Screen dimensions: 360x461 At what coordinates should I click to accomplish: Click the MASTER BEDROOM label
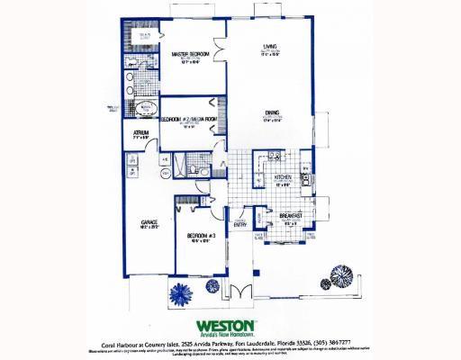190,54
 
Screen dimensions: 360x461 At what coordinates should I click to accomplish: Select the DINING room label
270,112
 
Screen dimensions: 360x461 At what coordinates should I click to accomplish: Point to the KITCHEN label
283,177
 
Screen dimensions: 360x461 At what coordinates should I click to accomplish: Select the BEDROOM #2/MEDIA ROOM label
189,118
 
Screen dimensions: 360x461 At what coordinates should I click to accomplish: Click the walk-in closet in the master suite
140,40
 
